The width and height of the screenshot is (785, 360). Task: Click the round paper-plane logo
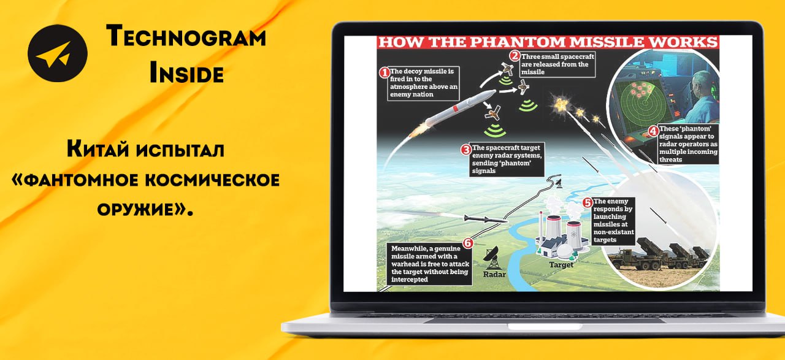point(58,53)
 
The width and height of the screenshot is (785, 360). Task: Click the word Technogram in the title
point(186,36)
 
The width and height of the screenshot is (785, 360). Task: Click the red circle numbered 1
point(385,72)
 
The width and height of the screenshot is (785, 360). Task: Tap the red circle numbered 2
point(515,56)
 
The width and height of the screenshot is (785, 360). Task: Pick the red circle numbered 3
point(465,150)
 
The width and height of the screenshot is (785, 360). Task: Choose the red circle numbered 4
point(653,131)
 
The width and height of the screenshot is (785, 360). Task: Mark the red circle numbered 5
point(588,202)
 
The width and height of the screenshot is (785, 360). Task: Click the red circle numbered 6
point(468,243)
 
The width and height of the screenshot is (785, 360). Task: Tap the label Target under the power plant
point(561,265)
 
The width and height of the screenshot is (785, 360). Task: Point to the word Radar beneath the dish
point(494,274)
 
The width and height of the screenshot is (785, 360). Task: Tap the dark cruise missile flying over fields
point(485,220)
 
